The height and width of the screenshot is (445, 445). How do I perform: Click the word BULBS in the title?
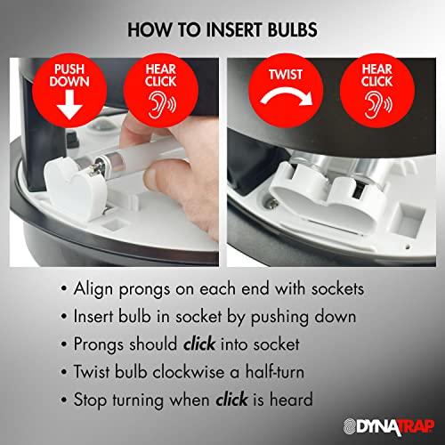(x=293, y=29)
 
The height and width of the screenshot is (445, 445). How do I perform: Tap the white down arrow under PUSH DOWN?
(x=69, y=105)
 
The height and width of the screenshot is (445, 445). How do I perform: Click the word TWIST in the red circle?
(x=286, y=75)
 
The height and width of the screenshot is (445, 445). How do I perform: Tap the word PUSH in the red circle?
(x=69, y=69)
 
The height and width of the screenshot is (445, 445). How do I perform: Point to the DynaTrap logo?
(x=389, y=426)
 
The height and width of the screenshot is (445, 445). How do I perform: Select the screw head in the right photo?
(x=272, y=204)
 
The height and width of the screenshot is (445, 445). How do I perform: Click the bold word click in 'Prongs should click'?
(x=199, y=344)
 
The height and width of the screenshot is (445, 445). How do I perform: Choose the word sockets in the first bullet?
(x=337, y=288)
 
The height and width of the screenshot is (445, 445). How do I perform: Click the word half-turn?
(x=275, y=372)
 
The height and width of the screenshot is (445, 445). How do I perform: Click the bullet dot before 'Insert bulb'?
(x=64, y=317)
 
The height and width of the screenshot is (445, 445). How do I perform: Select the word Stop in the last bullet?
(x=90, y=400)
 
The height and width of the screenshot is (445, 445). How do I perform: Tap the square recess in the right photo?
(x=409, y=218)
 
